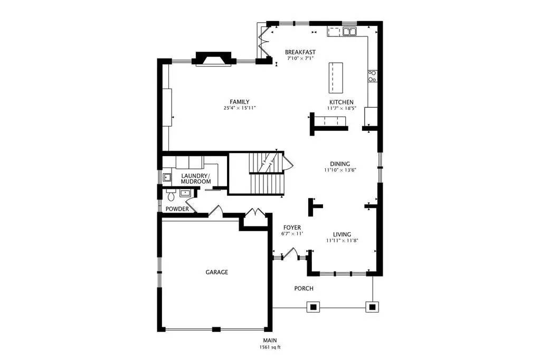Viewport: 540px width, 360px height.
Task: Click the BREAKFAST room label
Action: tap(300, 52)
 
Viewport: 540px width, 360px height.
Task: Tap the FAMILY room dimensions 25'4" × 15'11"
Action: tap(239, 108)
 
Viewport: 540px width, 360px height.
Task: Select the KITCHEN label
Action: tap(342, 102)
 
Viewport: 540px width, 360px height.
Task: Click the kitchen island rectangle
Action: tap(336, 78)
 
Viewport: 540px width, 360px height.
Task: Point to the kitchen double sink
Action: tap(349, 32)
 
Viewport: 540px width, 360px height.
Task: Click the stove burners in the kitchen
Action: tap(372, 76)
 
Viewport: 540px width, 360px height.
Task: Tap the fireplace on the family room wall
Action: tap(214, 59)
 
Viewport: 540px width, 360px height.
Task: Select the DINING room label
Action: tap(340, 164)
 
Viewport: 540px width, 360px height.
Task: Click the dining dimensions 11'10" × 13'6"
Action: tap(340, 170)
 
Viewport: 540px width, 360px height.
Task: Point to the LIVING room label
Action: tap(342, 234)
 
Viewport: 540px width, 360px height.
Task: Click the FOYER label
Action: tap(292, 228)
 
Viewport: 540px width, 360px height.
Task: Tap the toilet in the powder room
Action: tap(171, 195)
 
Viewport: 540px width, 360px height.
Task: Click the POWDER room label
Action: tap(177, 209)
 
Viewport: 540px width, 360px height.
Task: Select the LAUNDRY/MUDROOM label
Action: tap(196, 178)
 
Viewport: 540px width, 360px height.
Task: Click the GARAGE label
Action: tap(216, 272)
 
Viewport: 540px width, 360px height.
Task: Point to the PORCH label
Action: tap(304, 288)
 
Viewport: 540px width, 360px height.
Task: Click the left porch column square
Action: tap(313, 307)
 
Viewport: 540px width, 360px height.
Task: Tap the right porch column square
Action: tap(372, 307)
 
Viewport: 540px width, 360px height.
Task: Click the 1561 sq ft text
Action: tap(270, 347)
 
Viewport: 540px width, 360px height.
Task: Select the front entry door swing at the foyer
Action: tap(291, 253)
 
